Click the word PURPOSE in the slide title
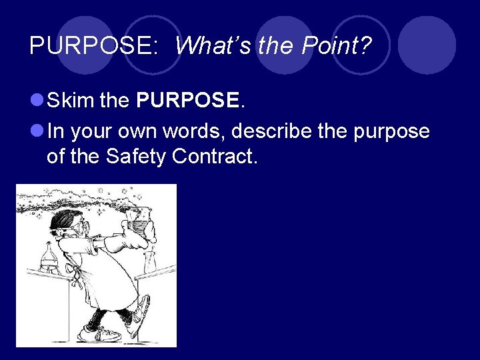click(x=93, y=46)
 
